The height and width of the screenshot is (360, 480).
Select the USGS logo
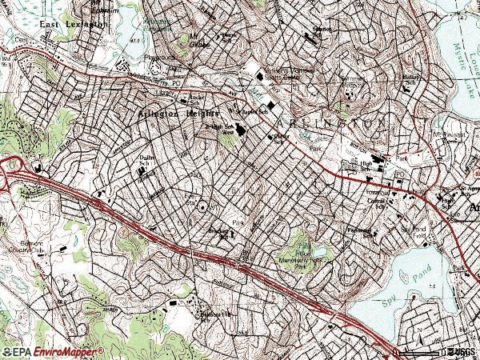pos(460,351)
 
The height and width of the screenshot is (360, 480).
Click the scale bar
pos(420,352)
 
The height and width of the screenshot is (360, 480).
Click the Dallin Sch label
pos(146,163)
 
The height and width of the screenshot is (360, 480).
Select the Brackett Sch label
pos(220,234)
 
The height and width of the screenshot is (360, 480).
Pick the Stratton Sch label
pos(320,30)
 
